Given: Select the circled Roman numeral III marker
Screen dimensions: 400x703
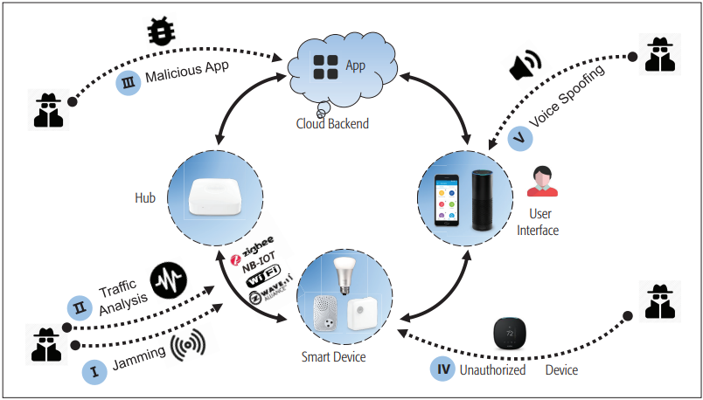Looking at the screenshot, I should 129,83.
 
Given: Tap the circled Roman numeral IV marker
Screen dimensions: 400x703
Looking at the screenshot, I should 443,369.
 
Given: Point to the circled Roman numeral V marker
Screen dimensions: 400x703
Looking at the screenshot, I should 519,138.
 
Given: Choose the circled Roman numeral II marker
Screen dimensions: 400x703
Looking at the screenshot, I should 80,307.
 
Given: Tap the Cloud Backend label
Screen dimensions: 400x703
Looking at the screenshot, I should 332,124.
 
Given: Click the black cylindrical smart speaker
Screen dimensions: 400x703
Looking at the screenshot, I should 484,200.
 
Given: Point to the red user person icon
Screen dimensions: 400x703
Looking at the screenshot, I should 543,181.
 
